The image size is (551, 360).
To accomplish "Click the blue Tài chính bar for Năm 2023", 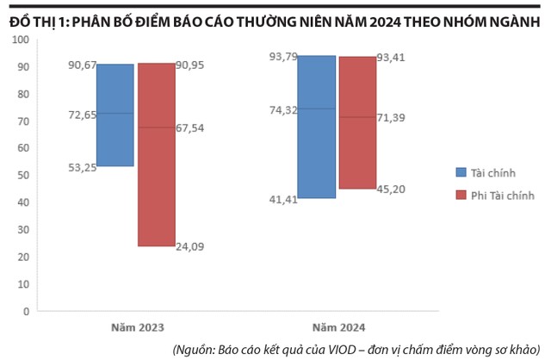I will [x=115, y=115].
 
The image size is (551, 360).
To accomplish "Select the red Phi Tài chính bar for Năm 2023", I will [x=156, y=155].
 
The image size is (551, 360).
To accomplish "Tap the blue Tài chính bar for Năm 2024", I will [x=316, y=127].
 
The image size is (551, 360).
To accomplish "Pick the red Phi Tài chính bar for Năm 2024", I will [x=357, y=122].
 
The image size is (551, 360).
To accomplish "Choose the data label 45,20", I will [x=393, y=189].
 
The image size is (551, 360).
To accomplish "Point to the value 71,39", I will [x=393, y=117].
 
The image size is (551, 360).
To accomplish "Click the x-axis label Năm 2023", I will [x=138, y=328].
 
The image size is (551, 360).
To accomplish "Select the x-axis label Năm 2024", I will [x=338, y=328].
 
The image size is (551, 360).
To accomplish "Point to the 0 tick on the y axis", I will [x=26, y=310].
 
